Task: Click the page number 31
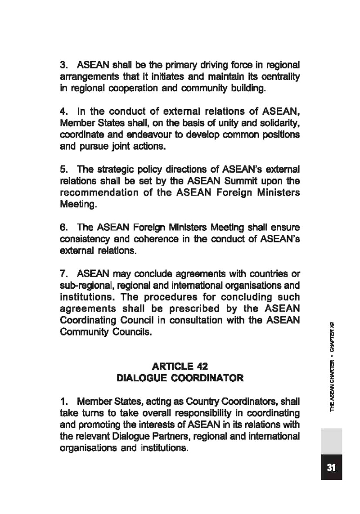pos(332,468)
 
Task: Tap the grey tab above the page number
pos(332,441)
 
